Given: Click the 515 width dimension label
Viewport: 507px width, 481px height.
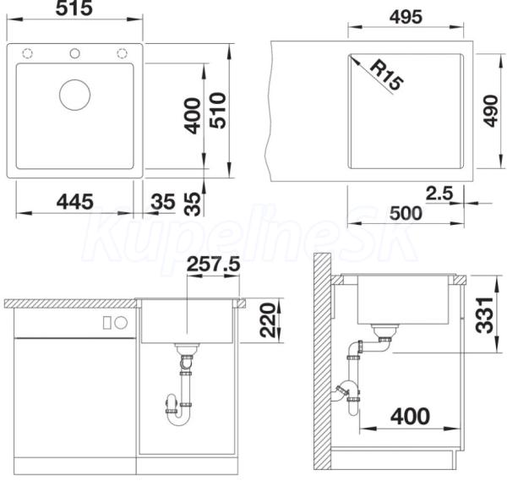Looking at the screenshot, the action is [74, 8].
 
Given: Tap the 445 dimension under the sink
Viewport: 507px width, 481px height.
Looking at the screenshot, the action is [75, 201].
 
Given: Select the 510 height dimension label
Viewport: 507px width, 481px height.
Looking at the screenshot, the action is [218, 110].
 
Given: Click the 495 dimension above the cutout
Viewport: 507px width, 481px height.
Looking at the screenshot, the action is [406, 17].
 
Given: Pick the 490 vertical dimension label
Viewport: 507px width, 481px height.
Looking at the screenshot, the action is [491, 111].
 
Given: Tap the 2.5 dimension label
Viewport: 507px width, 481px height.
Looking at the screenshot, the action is [439, 194].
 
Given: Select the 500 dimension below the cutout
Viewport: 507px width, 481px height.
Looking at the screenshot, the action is [406, 213].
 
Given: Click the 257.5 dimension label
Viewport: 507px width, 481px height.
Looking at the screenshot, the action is [214, 264].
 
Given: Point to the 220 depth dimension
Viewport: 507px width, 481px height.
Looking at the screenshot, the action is [268, 320].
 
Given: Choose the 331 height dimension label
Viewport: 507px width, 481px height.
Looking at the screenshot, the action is [484, 315].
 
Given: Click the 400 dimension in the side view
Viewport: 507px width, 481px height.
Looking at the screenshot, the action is [411, 416].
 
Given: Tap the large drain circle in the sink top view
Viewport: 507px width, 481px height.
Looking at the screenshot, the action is [75, 95].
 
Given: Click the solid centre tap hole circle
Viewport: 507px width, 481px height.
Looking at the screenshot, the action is [75, 53].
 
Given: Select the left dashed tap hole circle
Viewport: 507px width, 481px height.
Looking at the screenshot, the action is [28, 53].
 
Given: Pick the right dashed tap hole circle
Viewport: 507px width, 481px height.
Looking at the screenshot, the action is [122, 53].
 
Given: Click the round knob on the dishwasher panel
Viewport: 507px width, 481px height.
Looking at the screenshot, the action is [121, 323].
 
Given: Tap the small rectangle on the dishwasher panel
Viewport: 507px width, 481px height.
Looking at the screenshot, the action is [107, 323].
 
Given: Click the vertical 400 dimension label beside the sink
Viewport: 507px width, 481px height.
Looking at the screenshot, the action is [192, 116].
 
